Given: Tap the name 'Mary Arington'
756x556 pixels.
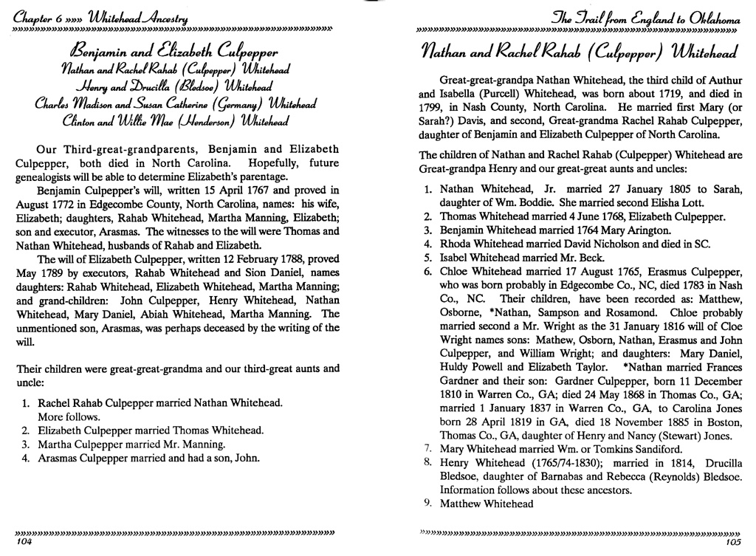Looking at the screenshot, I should click(x=597, y=230).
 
